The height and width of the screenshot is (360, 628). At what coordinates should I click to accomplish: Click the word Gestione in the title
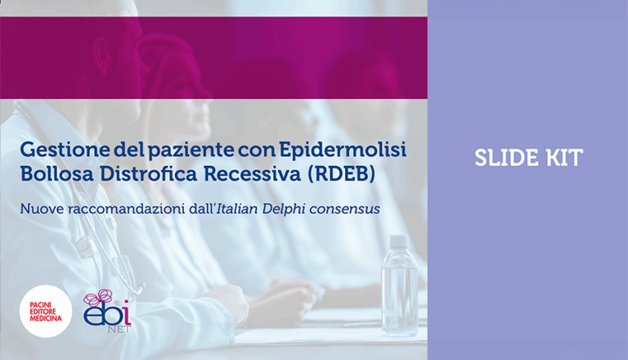click(x=58, y=151)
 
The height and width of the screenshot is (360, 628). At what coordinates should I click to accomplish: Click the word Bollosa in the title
click(x=52, y=175)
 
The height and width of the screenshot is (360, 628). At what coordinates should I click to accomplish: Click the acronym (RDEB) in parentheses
click(x=318, y=175)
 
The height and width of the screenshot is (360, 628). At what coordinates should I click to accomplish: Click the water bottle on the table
click(x=399, y=286)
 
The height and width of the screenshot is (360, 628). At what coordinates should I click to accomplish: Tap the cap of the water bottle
click(x=398, y=241)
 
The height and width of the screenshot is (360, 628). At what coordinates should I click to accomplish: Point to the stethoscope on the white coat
click(x=90, y=237)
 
